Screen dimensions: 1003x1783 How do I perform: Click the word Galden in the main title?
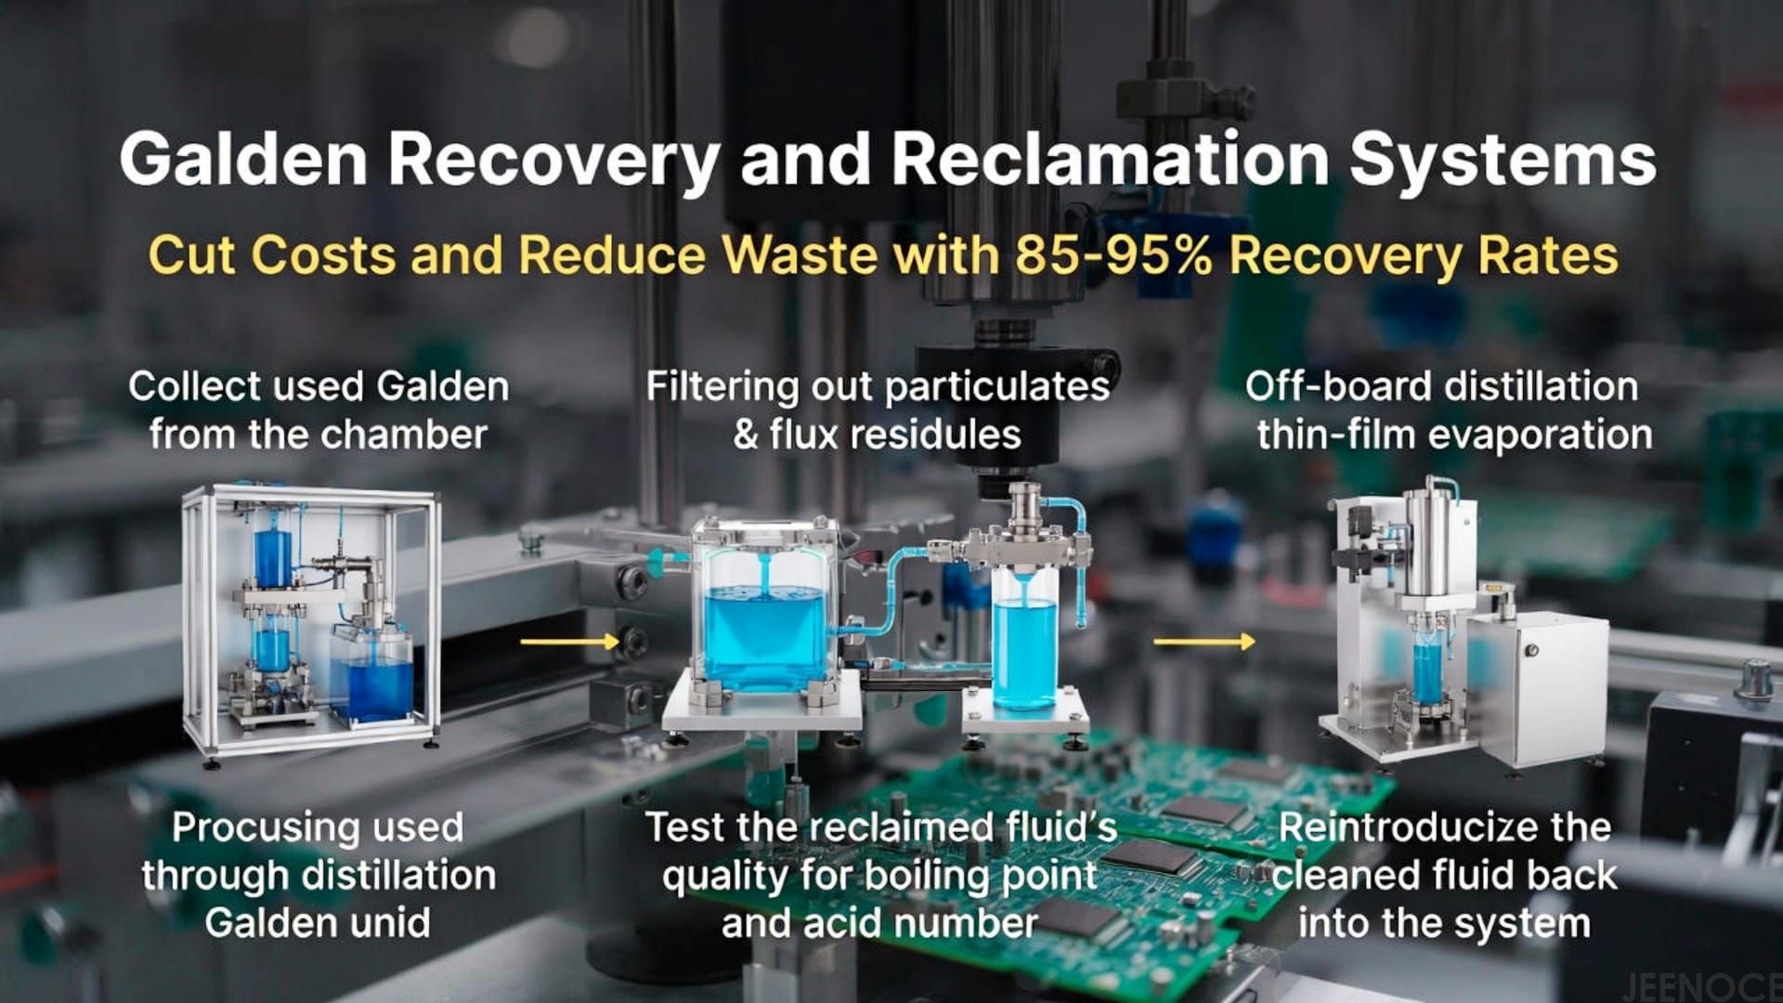click(x=243, y=159)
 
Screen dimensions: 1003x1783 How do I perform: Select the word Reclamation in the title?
click(x=1110, y=159)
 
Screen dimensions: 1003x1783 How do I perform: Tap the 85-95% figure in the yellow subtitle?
click(x=1113, y=254)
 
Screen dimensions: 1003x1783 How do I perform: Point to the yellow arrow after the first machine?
click(x=568, y=641)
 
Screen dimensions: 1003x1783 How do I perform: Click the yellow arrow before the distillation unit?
click(x=1204, y=641)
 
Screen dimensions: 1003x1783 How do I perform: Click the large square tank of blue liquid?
click(x=763, y=632)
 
